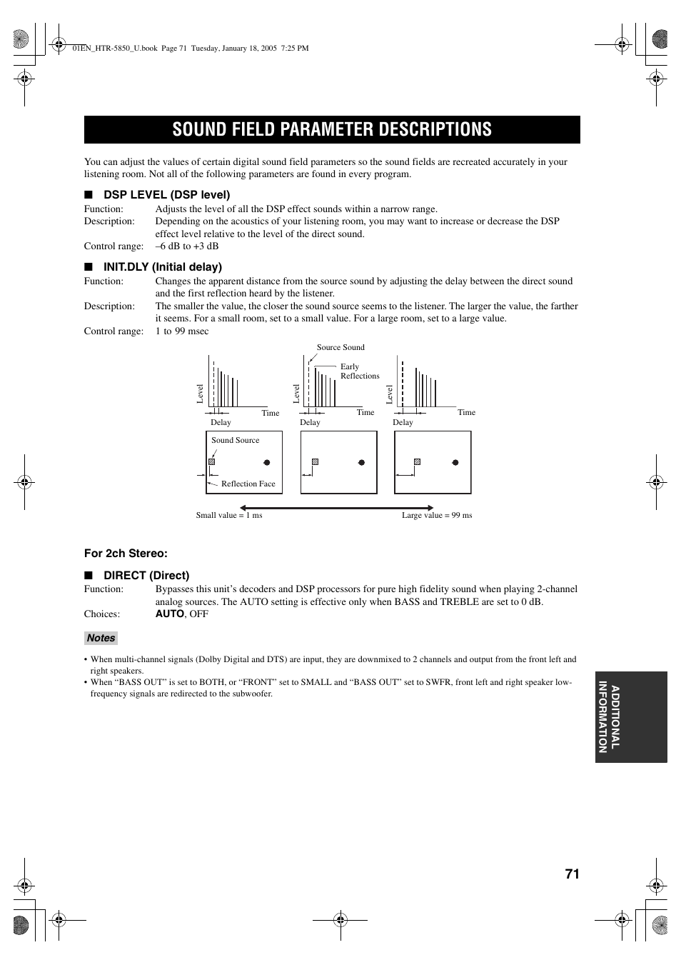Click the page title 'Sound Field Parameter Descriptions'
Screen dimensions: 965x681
332,129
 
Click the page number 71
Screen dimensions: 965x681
572,874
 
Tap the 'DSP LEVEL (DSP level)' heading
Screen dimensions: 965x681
166,194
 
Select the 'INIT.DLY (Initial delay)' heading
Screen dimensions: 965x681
163,266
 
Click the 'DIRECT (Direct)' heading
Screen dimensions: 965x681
146,575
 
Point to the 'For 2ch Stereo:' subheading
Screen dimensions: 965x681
126,553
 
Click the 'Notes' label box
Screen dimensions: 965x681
101,638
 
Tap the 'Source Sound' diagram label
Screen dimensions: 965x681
340,347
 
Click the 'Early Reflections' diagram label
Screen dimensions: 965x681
359,371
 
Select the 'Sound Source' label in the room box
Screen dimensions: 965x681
235,440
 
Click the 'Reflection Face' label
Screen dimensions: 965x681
248,484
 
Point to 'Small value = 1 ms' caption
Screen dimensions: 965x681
229,515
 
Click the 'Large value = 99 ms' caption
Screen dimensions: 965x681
437,515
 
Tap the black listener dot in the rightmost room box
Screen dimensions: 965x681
455,462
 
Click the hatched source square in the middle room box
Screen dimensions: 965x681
315,462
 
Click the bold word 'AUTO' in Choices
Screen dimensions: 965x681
169,614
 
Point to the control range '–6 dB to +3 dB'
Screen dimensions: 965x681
187,246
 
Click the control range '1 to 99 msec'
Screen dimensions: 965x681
182,331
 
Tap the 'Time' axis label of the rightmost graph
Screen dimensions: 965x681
466,412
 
